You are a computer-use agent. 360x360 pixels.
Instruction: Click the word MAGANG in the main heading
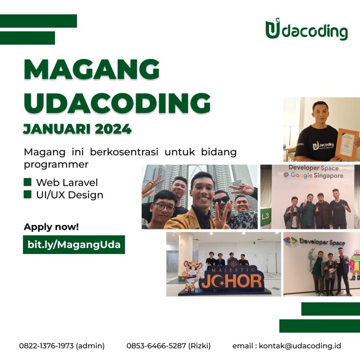click(92, 69)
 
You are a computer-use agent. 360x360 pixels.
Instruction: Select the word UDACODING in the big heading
click(117, 103)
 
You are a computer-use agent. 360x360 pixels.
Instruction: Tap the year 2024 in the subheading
click(113, 129)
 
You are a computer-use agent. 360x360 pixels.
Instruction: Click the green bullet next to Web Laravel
click(27, 182)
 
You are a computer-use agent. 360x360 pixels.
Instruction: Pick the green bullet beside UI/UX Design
click(27, 194)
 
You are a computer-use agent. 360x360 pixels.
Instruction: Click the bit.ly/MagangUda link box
click(74, 245)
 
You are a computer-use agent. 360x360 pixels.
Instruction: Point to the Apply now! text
click(51, 227)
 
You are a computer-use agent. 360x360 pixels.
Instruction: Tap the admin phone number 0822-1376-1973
click(46, 345)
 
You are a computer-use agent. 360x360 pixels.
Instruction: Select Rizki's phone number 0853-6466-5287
click(156, 345)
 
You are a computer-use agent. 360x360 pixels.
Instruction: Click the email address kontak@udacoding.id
click(300, 345)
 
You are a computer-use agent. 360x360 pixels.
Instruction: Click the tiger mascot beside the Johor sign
click(192, 275)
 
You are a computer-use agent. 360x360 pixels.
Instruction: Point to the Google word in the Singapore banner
click(301, 175)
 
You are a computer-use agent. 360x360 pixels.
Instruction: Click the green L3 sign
click(266, 216)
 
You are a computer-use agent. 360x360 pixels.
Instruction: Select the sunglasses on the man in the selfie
click(221, 200)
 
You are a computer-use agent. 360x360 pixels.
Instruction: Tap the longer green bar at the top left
click(38, 21)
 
